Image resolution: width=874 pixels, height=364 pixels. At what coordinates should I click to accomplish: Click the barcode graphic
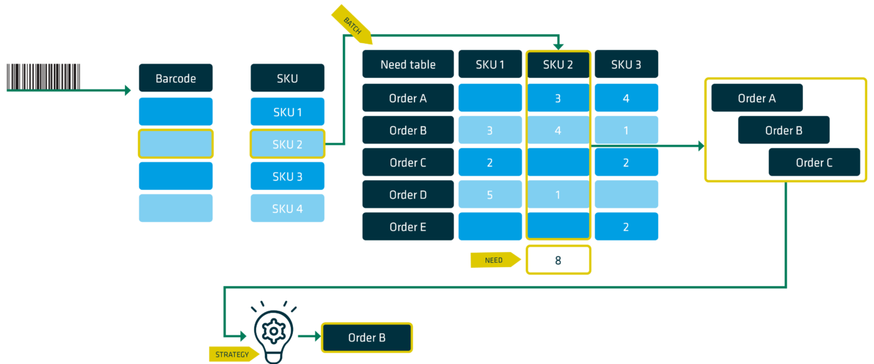tap(43, 77)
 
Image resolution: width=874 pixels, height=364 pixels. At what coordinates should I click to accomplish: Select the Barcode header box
tap(175, 78)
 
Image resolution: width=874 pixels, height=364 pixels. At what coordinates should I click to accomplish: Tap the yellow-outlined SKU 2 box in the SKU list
tap(287, 144)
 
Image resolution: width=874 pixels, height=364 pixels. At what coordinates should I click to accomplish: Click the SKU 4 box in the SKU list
tap(287, 208)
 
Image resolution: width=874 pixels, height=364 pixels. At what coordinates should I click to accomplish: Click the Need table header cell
tap(408, 64)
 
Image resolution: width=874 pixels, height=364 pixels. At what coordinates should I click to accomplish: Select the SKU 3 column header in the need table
tap(626, 64)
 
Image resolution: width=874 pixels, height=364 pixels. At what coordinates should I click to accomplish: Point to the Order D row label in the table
tap(408, 194)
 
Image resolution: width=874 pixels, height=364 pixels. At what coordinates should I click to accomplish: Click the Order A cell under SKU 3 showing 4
tap(626, 98)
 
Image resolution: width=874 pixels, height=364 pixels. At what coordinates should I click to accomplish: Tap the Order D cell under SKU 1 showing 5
tap(490, 194)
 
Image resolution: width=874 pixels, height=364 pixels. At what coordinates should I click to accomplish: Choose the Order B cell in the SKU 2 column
tap(558, 130)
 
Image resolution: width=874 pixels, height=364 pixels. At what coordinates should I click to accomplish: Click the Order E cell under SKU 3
tap(626, 226)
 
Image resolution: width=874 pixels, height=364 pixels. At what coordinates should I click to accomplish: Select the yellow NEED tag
tap(496, 260)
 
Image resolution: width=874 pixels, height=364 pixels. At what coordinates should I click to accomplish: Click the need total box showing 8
tap(559, 260)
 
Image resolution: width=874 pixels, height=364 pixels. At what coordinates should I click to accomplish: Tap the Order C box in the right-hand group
tap(815, 162)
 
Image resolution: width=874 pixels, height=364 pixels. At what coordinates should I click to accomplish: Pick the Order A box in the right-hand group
tap(757, 98)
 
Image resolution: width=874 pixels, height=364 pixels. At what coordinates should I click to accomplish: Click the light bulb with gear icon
tap(274, 332)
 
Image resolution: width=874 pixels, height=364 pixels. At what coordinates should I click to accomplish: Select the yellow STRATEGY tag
tap(234, 354)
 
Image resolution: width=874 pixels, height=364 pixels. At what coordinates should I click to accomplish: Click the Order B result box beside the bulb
tap(367, 337)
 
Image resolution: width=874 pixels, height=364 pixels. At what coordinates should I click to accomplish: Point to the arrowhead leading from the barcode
tap(128, 90)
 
